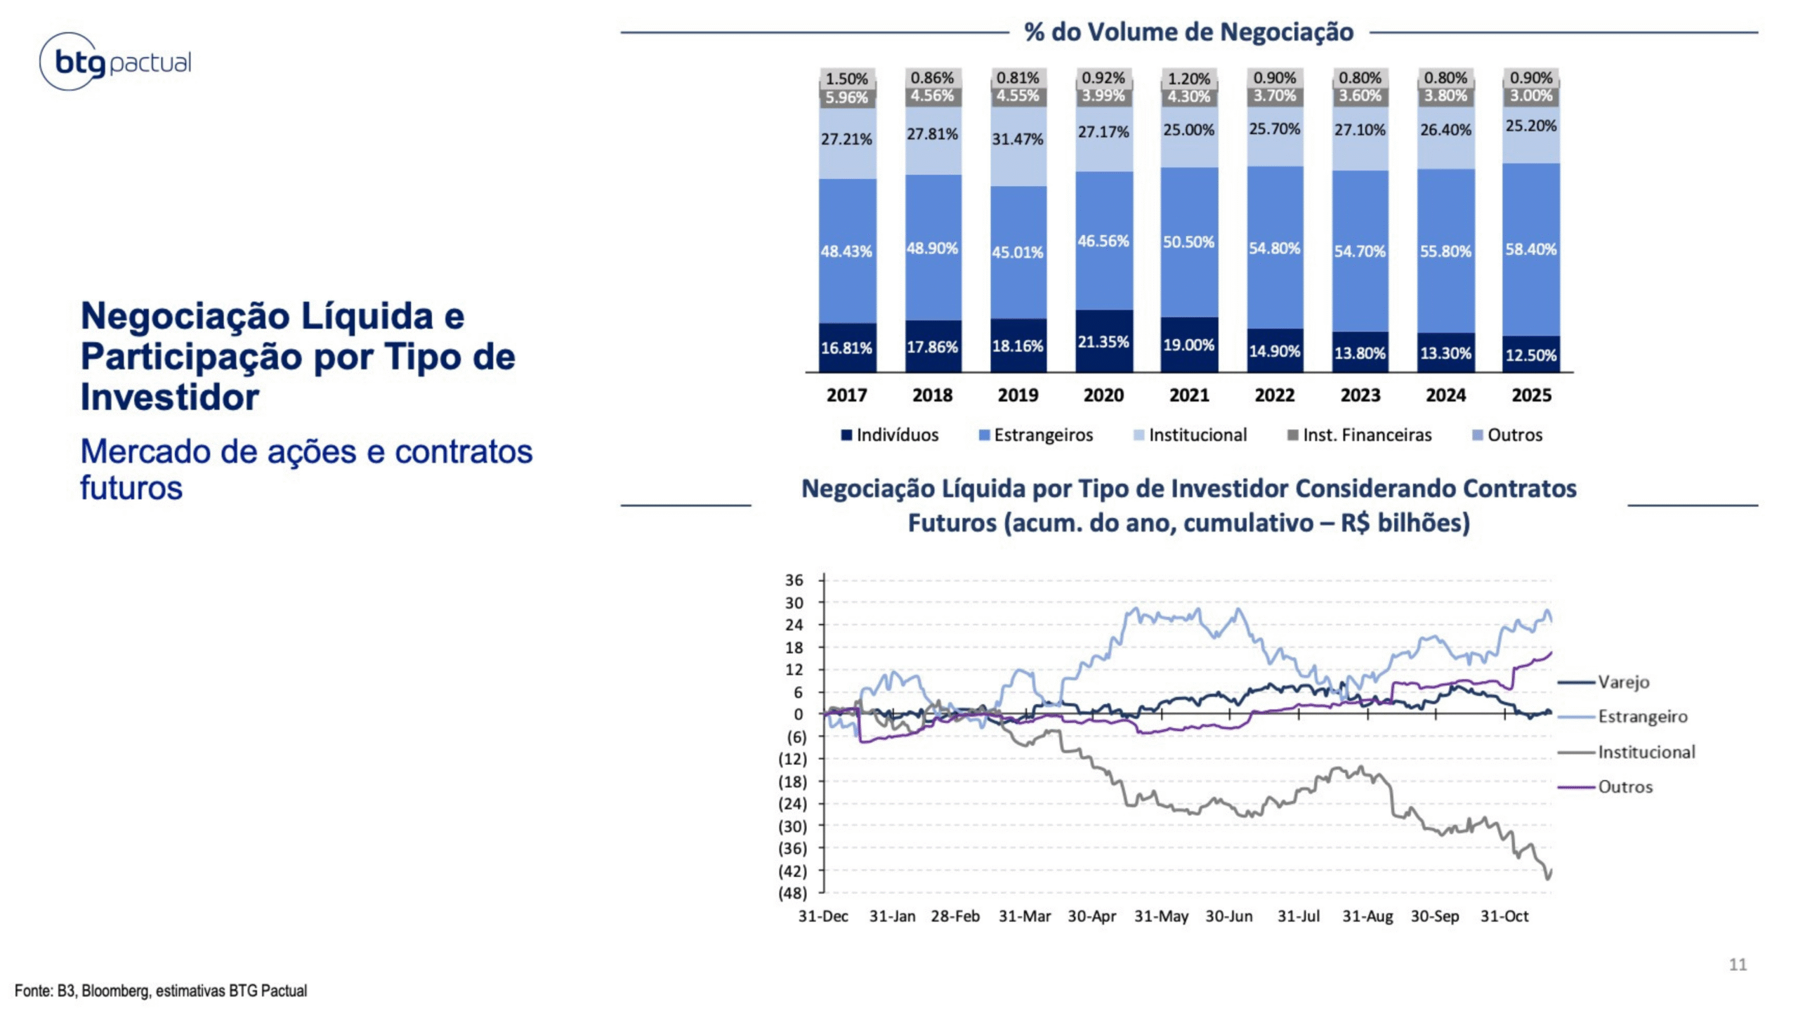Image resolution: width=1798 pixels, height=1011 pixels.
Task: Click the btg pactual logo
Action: coord(115,62)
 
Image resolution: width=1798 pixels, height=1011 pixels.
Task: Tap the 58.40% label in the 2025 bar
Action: coord(1531,249)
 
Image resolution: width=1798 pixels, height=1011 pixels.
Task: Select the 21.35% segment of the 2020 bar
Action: coord(1103,342)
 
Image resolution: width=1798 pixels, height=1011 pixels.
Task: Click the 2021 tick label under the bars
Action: coord(1189,395)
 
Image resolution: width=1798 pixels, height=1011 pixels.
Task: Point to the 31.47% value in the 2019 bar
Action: coord(1018,139)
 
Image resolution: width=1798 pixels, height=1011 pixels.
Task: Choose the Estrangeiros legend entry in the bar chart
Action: coord(1036,435)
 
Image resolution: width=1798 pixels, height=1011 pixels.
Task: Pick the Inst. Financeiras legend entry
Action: coord(1359,435)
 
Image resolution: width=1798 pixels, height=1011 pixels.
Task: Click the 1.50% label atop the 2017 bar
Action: coord(846,79)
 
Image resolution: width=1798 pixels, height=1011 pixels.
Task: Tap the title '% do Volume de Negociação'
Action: coord(1188,32)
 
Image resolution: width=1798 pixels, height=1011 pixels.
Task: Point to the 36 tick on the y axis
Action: coord(794,581)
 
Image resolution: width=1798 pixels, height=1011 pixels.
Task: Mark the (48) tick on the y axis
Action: coord(792,894)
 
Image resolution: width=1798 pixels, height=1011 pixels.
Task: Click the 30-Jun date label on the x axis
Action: coord(1229,916)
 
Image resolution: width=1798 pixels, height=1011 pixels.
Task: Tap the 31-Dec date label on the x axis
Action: coord(823,916)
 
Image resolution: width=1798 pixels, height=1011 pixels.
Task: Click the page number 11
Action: coord(1738,965)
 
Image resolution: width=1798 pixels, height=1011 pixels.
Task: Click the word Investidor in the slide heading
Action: coord(170,397)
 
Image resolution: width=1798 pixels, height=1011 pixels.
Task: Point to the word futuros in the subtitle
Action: coord(131,488)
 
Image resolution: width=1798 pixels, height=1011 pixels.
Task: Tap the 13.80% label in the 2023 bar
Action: coord(1360,353)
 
